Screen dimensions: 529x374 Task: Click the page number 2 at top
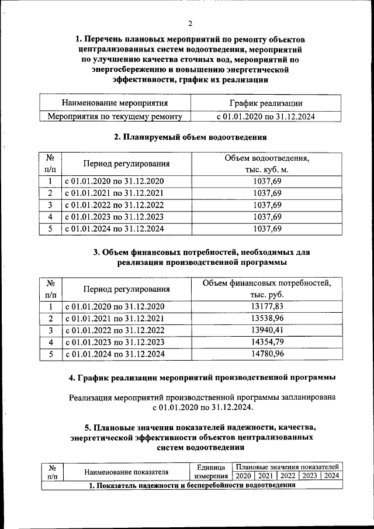[x=190, y=24]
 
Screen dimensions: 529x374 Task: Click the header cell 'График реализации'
[x=266, y=103]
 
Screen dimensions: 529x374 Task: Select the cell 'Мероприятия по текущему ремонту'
[x=115, y=116]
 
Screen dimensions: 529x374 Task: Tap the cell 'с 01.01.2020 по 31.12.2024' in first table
[x=266, y=116]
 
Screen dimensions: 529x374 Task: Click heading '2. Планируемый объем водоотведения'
[x=190, y=137]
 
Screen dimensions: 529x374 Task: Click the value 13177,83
[x=266, y=306]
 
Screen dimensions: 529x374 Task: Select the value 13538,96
[x=266, y=319]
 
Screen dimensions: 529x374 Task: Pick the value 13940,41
[x=266, y=330]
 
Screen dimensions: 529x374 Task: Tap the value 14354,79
[x=266, y=342]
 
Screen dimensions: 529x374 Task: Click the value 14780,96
[x=266, y=354]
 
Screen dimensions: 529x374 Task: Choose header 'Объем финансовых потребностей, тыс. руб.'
[x=266, y=288]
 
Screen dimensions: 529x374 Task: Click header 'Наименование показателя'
[x=126, y=471]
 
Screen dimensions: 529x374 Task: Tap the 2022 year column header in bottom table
[x=287, y=476]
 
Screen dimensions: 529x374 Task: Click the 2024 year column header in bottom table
[x=331, y=476]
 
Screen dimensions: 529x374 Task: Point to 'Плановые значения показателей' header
[x=287, y=466]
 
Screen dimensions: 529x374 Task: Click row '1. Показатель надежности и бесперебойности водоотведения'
[x=192, y=486]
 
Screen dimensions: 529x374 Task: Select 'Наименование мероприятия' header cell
[x=115, y=103]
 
